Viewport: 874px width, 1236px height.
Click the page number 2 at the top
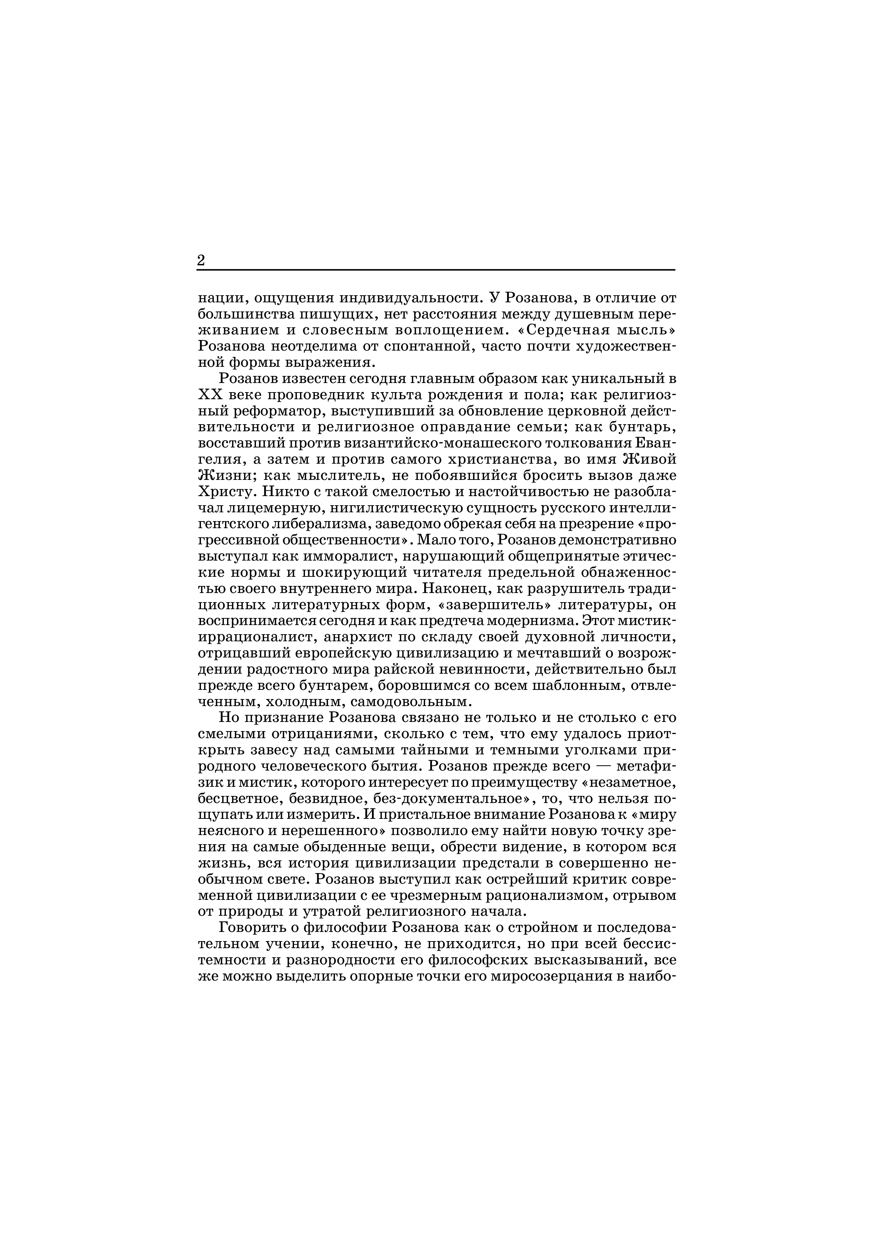pos(201,260)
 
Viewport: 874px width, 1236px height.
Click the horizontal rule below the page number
pos(435,270)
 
